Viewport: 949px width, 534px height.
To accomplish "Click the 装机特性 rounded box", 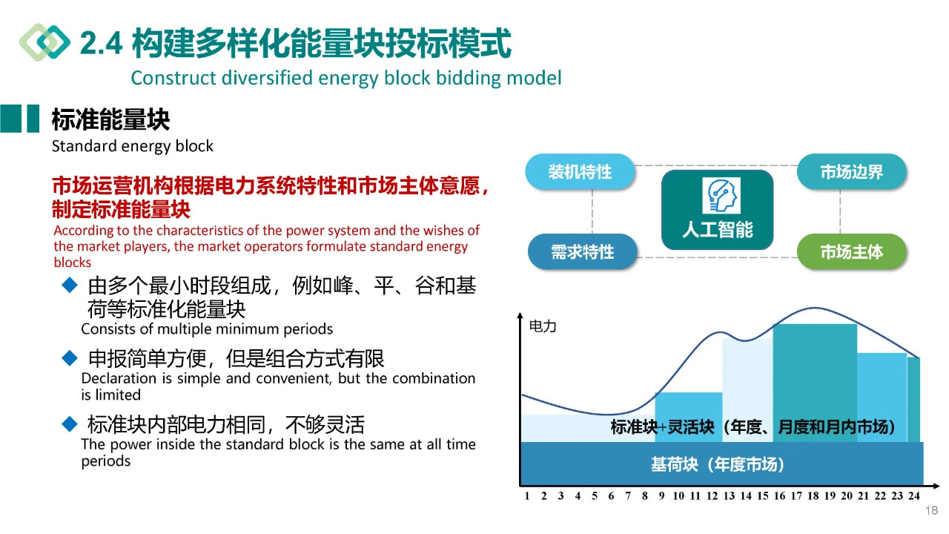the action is [580, 171].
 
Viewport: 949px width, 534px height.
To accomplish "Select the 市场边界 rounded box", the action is [852, 171].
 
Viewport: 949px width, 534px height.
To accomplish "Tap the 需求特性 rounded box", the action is [582, 251].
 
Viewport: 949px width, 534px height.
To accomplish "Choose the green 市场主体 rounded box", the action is [852, 251].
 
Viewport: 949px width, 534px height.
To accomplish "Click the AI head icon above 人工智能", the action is [721, 195].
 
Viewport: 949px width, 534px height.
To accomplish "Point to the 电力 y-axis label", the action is [543, 326].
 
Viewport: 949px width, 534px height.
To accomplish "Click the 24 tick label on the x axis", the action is [914, 496].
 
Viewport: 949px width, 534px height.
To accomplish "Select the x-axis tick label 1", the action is [526, 496].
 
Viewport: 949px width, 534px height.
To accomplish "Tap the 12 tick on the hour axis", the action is [712, 496].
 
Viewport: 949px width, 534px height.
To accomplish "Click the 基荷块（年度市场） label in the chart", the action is [717, 464].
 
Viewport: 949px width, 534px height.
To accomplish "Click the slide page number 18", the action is [932, 510].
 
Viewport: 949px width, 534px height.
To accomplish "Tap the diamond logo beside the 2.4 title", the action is [45, 42].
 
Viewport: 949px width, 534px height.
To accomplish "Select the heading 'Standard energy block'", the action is [132, 146].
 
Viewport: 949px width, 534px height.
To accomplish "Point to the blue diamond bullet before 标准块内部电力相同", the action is [70, 423].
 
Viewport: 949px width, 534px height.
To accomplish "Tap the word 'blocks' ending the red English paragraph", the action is [73, 263].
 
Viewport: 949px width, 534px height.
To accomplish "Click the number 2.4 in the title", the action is [102, 44].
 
